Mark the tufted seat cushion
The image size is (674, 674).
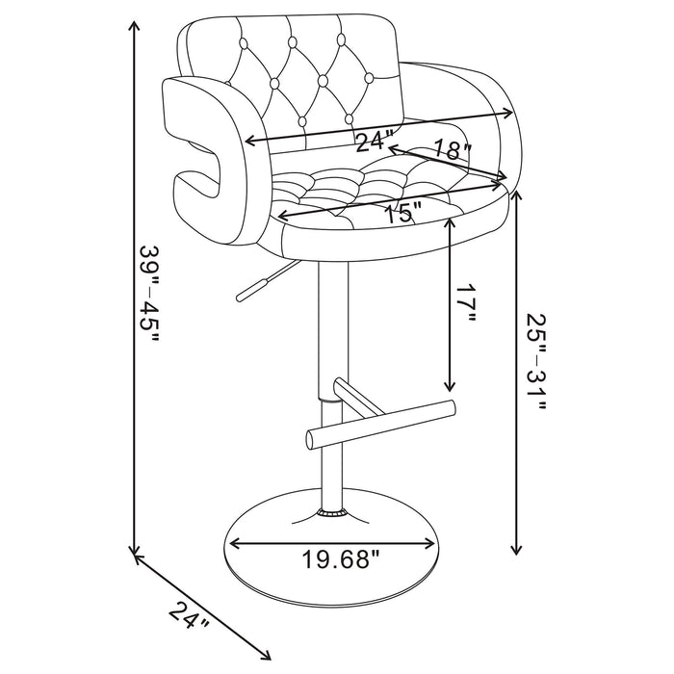pyautogui.click(x=385, y=193)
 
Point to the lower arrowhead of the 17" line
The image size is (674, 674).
pyautogui.click(x=450, y=381)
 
